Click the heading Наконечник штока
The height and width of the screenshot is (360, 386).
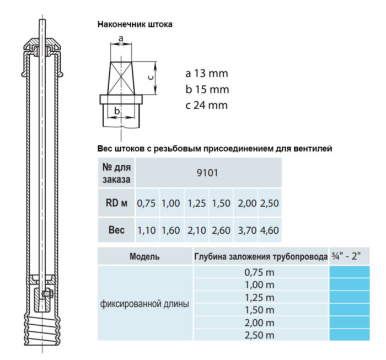coord(135,24)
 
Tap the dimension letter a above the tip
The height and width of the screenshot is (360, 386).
coord(121,38)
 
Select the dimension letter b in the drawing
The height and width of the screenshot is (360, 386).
coord(117,111)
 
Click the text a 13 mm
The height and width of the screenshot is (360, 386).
coord(207,73)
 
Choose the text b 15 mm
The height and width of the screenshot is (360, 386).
coord(207,89)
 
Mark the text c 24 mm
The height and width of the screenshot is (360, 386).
coord(207,105)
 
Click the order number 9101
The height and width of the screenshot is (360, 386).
coord(208,173)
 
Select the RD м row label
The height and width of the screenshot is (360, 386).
coord(116,203)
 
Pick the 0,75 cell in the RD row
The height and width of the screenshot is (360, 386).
coord(147,203)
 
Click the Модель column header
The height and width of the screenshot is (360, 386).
coord(145,256)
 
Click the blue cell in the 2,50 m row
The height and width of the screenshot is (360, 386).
coord(349,335)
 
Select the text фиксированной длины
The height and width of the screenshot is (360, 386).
coord(145,304)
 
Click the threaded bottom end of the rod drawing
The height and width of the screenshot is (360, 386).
coord(42,325)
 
